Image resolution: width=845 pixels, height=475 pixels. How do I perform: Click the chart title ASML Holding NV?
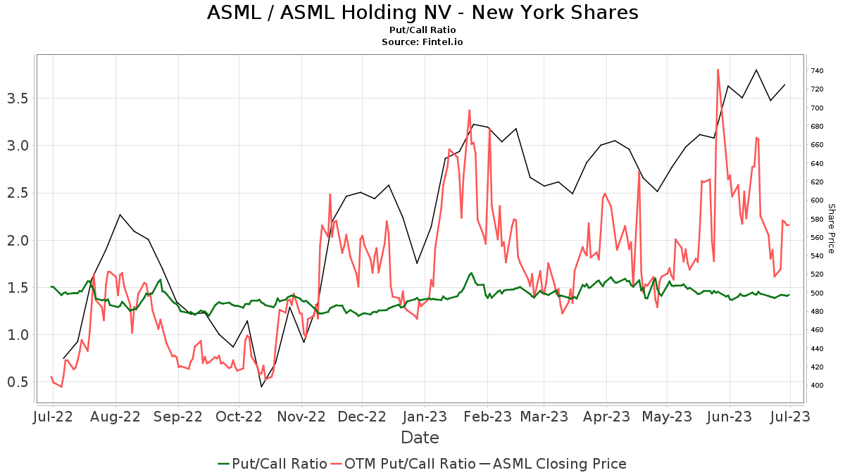[x=423, y=13]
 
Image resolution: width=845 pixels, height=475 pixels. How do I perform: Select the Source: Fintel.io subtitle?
[x=423, y=42]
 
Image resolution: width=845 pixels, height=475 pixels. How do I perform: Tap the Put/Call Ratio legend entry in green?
[x=273, y=464]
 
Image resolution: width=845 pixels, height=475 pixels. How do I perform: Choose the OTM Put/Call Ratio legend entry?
[x=403, y=464]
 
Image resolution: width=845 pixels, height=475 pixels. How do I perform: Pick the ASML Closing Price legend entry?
[x=553, y=464]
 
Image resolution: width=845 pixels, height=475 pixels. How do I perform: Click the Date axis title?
[x=420, y=438]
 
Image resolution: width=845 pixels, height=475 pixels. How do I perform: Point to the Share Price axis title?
[x=831, y=229]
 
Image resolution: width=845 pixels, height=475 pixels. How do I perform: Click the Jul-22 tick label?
[x=53, y=417]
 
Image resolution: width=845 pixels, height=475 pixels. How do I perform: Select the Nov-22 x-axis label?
[x=301, y=417]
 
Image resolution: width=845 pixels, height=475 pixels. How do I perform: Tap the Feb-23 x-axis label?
[x=487, y=417]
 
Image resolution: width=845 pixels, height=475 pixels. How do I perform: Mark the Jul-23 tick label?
[x=790, y=417]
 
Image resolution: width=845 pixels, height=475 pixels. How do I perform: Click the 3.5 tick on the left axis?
[x=18, y=98]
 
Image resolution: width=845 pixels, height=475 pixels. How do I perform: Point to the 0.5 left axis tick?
[x=18, y=382]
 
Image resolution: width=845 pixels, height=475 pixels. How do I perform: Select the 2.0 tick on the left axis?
[x=18, y=240]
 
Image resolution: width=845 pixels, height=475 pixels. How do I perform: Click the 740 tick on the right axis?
[x=818, y=70]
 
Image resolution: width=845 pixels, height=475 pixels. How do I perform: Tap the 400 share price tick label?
[x=818, y=386]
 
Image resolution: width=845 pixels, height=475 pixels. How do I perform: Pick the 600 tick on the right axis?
[x=818, y=201]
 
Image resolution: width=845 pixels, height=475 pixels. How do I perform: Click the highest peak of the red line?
[x=718, y=69]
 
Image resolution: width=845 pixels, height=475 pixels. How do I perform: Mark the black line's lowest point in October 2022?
[x=262, y=386]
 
